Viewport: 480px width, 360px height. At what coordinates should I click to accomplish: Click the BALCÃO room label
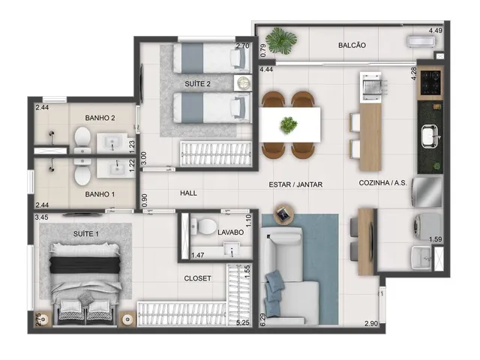point(352,45)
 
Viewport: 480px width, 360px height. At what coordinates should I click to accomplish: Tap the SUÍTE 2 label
point(197,84)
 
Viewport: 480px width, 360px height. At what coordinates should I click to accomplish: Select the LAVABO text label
point(230,232)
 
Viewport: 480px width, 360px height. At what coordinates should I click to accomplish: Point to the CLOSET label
point(197,278)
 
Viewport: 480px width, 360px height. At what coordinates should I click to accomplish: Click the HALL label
point(188,193)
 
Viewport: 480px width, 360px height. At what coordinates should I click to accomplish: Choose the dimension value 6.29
point(263,319)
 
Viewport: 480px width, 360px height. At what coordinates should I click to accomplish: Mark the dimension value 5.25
point(242,322)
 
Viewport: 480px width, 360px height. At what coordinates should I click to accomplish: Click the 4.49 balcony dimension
point(435,31)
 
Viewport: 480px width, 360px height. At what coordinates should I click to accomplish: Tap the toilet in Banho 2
point(82,140)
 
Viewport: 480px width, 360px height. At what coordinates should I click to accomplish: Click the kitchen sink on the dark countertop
point(430,136)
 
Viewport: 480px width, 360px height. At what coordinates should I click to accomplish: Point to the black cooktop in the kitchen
point(430,82)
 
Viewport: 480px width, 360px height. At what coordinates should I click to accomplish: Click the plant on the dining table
point(288,125)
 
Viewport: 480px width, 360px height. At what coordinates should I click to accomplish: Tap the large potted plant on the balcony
point(281,41)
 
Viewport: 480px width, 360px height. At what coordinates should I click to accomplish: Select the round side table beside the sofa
point(285,215)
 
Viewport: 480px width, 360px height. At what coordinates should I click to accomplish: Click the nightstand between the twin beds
point(243,83)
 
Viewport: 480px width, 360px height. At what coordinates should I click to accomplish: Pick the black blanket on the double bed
point(85,265)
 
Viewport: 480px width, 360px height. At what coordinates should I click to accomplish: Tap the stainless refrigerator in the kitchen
point(427,192)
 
